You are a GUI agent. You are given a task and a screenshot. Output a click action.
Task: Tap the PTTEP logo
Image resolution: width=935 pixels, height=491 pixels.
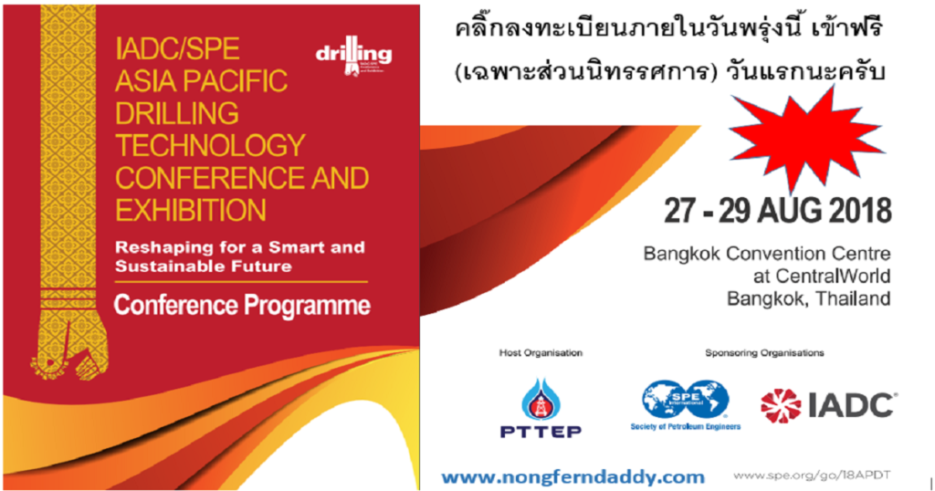tap(541, 408)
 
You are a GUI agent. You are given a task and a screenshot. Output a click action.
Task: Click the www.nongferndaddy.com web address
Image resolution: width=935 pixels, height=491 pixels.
tap(573, 475)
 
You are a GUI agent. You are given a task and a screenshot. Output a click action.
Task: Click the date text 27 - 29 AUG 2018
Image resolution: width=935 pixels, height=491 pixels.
tap(777, 211)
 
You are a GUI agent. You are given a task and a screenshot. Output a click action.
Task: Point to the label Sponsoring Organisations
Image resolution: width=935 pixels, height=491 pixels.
tap(764, 352)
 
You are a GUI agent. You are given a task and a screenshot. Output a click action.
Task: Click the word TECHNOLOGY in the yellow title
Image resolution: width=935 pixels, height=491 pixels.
tap(209, 144)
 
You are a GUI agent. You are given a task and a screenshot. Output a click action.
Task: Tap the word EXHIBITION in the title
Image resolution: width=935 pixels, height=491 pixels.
tap(190, 209)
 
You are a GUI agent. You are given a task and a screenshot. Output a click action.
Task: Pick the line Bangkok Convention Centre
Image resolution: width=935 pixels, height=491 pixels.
tap(766, 253)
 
